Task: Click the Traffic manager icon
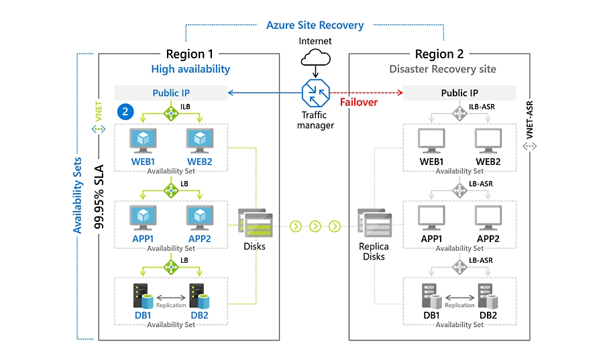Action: pyautogui.click(x=315, y=94)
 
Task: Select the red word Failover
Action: pyautogui.click(x=358, y=103)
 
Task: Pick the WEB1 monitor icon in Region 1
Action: pyautogui.click(x=143, y=139)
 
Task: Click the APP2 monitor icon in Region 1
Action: pyautogui.click(x=199, y=217)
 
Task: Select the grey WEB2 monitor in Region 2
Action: pyautogui.click(x=488, y=140)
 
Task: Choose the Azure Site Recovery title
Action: pyautogui.click(x=315, y=25)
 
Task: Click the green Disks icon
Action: pyautogui.click(x=254, y=225)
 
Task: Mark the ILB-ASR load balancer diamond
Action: pyautogui.click(x=460, y=114)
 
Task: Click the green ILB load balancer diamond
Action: pyautogui.click(x=172, y=114)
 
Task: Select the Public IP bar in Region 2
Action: pyautogui.click(x=459, y=93)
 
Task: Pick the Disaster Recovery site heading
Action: pyautogui.click(x=443, y=69)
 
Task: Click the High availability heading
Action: pyautogui.click(x=190, y=69)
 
